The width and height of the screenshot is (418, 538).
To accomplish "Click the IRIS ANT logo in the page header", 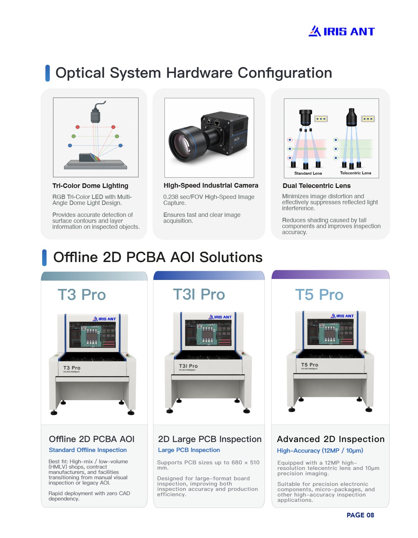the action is coord(341,31).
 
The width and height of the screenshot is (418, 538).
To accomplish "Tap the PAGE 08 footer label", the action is coord(360,515).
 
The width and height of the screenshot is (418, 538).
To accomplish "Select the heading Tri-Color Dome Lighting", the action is coord(90,186).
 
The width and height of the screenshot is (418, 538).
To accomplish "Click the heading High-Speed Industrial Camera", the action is coord(211,185).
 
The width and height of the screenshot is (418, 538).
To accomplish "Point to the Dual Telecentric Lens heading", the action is coord(316,186).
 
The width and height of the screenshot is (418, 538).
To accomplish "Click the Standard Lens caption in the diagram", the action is coord(308,173).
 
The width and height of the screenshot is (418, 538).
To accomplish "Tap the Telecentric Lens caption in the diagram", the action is coord(355,173).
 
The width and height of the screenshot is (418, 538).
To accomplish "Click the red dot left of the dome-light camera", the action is coord(78,127).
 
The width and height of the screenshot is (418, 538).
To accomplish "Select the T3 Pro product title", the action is coord(82,295).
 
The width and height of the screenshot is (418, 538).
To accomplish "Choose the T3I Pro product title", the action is coord(199,294).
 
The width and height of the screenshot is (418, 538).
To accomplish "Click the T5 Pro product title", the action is coord(319,295).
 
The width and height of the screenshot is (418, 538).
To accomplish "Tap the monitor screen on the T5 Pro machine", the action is coord(330,332).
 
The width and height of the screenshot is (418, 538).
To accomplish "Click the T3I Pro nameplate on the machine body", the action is coord(188,366).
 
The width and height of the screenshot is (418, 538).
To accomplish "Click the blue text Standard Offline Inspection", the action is coord(88,450).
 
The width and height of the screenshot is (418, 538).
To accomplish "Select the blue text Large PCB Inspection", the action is coord(189,450).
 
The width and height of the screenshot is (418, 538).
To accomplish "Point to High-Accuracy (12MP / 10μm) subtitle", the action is coord(320,451).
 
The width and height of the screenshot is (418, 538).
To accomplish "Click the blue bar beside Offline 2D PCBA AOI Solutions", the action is coord(44,258).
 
